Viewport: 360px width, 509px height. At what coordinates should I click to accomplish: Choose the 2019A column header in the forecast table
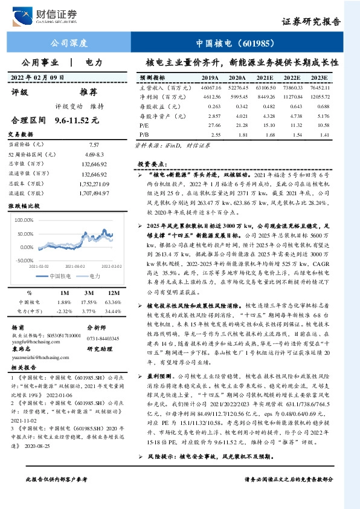[x=210, y=79]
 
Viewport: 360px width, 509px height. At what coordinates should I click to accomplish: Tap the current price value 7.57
[x=94, y=145]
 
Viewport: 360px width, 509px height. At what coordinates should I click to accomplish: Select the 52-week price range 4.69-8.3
[x=94, y=155]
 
